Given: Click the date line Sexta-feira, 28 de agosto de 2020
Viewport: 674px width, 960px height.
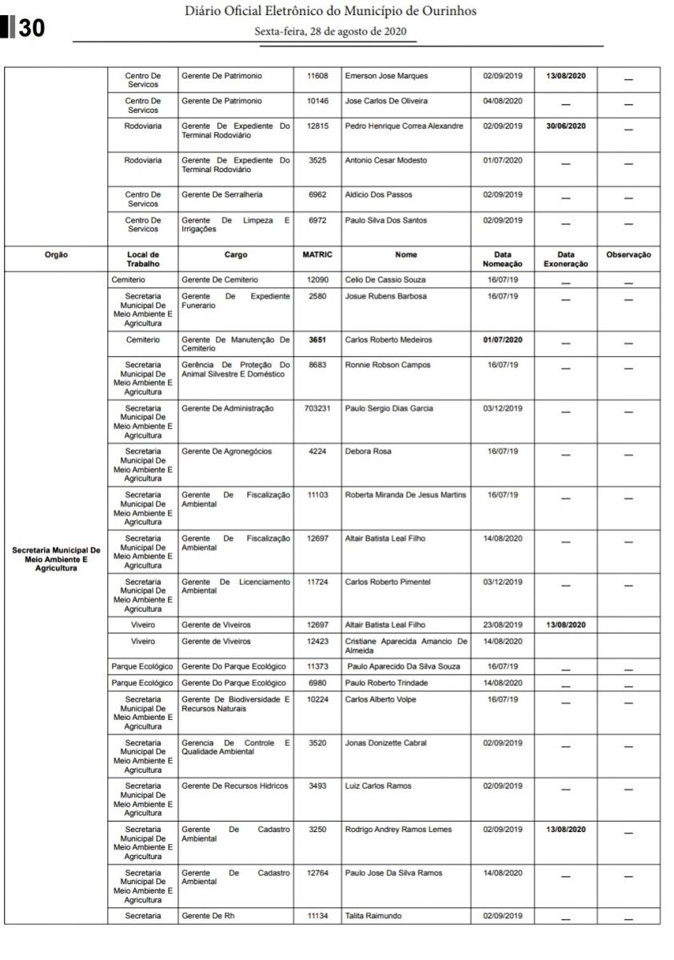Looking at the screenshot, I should [x=330, y=32].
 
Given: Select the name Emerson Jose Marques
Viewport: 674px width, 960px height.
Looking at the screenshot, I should [x=386, y=76].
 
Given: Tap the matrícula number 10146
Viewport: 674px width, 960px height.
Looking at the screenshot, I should [x=317, y=102].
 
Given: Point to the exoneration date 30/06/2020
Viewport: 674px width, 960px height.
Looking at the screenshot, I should [x=566, y=126].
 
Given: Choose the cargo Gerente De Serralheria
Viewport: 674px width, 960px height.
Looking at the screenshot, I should [x=221, y=194].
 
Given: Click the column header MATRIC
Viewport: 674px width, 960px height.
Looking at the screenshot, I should [x=317, y=255].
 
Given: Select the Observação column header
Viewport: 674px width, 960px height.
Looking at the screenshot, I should [x=628, y=255].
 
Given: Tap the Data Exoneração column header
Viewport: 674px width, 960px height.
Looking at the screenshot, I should [x=566, y=259].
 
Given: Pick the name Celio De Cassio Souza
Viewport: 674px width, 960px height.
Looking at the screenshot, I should [x=385, y=280].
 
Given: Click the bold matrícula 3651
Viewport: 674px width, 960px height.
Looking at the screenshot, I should [x=317, y=340].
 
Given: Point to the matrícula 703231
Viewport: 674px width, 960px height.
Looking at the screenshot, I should [x=317, y=409].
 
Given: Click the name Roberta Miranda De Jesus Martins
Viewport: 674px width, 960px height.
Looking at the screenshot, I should [x=405, y=495].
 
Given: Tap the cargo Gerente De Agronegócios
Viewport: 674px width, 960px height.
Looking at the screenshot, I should [x=226, y=452].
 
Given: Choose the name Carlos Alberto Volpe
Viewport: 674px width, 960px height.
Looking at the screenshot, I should [x=381, y=700].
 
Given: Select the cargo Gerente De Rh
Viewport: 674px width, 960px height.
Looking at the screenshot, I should [x=204, y=916].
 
